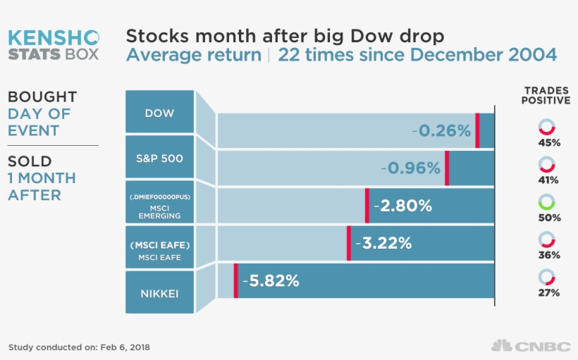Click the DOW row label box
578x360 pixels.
(159, 112)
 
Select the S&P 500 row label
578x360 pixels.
(159, 159)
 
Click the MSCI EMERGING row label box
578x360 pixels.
(159, 205)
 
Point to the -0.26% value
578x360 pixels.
(441, 130)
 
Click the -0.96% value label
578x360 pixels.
(411, 168)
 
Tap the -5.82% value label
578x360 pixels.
(271, 280)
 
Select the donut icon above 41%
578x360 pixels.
(546, 164)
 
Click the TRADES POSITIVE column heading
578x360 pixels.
(546, 95)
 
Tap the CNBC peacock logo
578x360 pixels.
(501, 346)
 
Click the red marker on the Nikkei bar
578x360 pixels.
(235, 280)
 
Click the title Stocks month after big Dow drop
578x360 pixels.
(285, 36)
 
